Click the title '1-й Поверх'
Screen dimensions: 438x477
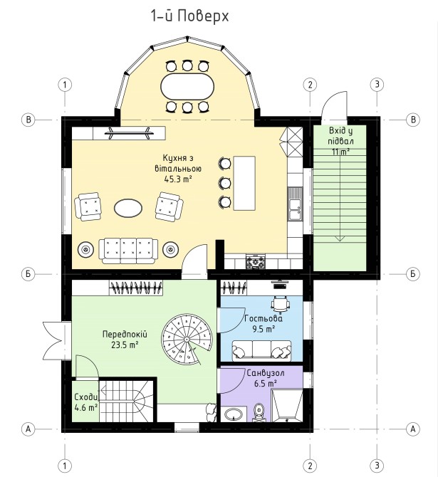189,16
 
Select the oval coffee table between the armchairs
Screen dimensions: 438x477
127,208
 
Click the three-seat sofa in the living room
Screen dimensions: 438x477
128,251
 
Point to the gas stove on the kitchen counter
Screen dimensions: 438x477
256,262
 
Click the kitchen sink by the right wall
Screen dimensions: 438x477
295,204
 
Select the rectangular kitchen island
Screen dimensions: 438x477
244,183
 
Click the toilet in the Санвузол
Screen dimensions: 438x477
259,412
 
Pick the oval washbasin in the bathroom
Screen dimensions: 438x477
234,414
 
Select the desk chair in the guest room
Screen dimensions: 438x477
281,304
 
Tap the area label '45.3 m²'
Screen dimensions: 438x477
178,179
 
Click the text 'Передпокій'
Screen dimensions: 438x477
125,335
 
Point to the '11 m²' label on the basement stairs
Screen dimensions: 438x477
340,152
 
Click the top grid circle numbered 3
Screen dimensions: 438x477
377,84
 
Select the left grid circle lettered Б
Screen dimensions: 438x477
28,274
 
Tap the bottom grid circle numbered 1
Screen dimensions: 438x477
65,466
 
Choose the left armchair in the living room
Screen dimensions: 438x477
88,206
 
